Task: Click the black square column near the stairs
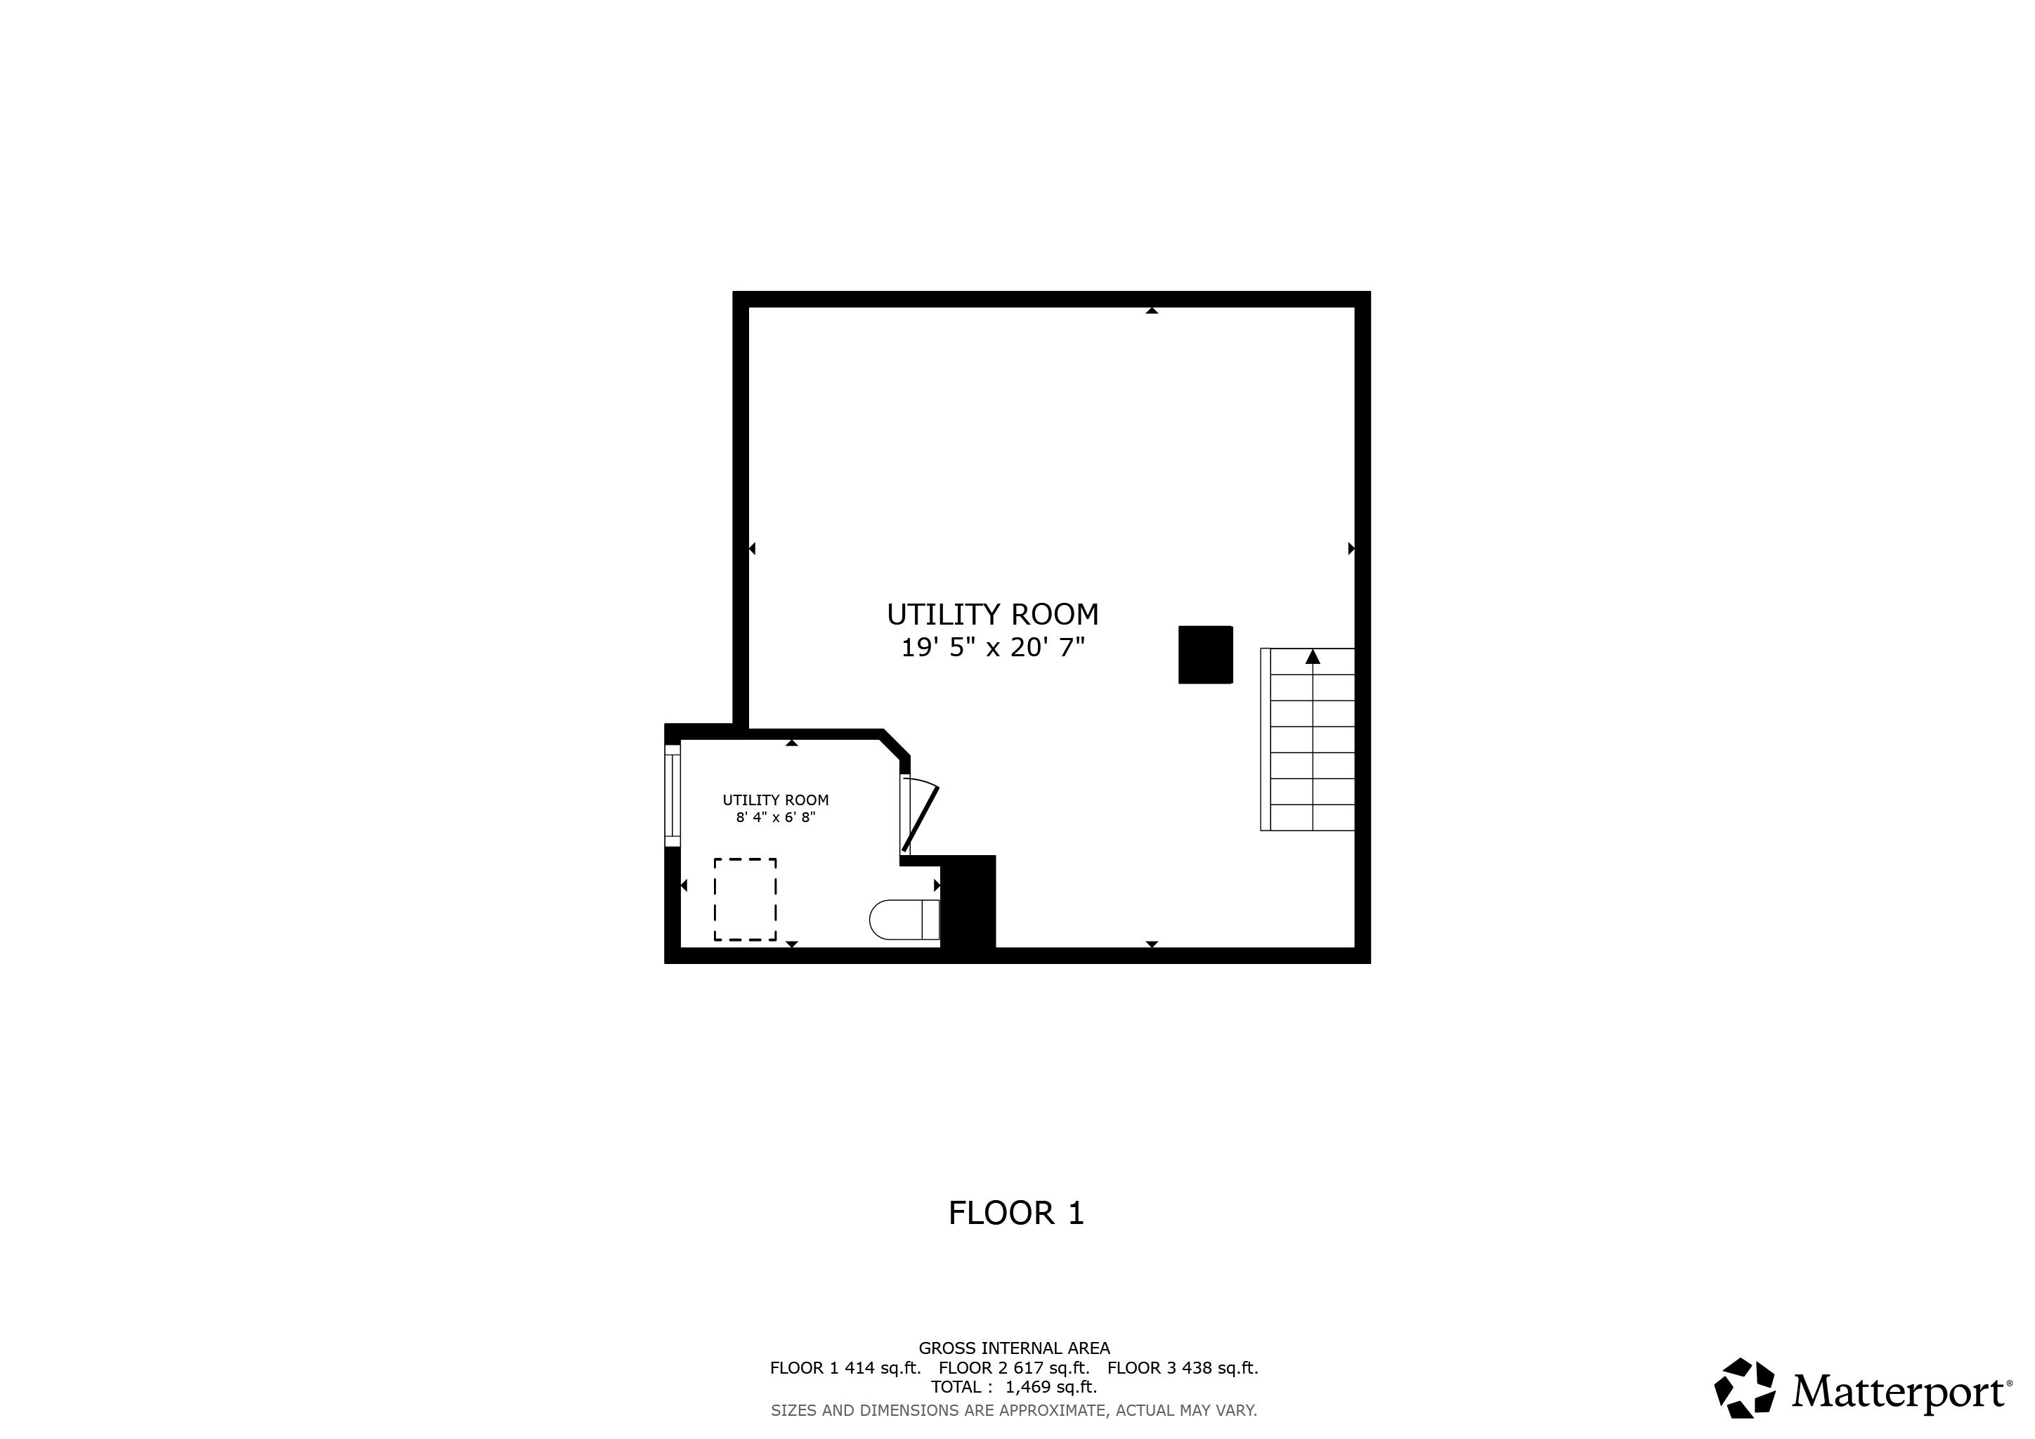pos(1204,655)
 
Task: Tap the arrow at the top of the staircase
pos(1312,656)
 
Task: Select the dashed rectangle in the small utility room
pos(745,899)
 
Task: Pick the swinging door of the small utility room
pos(920,817)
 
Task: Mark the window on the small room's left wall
pos(672,795)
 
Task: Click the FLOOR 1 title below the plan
pos(1015,1213)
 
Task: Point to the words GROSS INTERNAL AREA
pos(1013,1348)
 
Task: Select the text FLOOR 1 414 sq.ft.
pos(845,1367)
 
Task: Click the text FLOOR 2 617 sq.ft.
pos(1013,1367)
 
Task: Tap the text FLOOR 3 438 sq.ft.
pos(1183,1367)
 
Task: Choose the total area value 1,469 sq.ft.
pos(1051,1387)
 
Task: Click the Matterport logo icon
pos(1744,1388)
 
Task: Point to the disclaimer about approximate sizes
pos(1013,1409)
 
